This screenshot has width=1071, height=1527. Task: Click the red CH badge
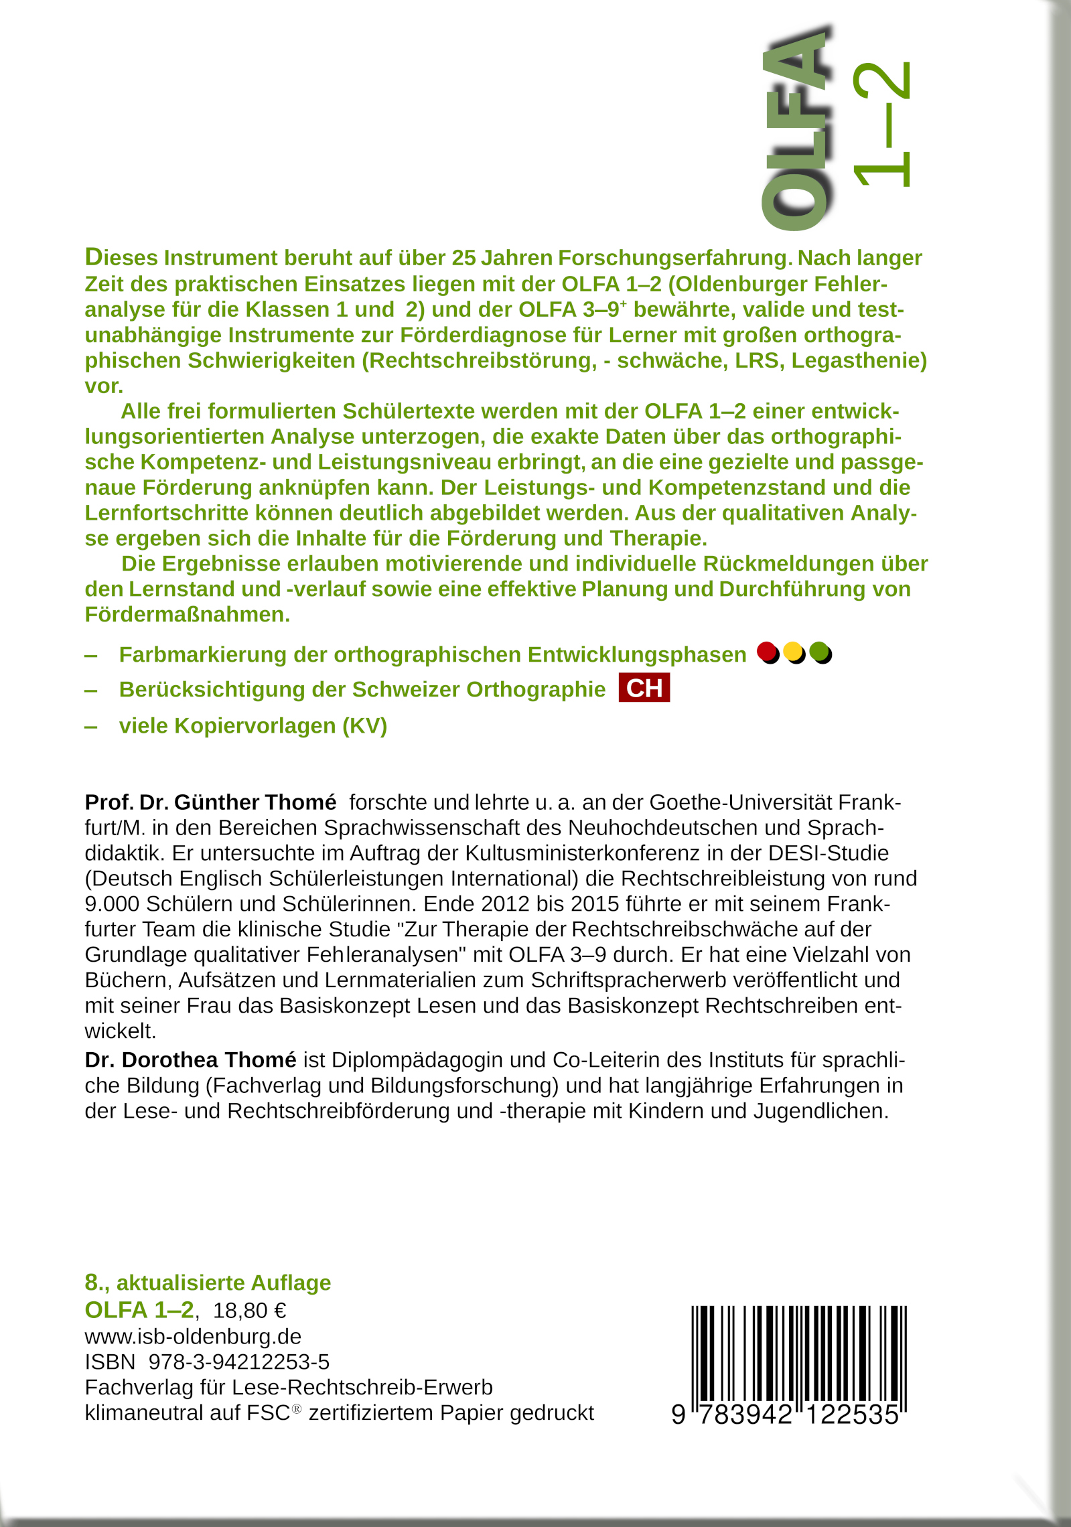pos(644,688)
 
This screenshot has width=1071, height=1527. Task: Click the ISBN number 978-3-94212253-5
pos(239,1362)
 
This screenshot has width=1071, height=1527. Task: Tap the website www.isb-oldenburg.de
pos(193,1336)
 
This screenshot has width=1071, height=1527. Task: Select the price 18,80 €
pos(250,1310)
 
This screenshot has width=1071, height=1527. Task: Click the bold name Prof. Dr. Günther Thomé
pos(210,802)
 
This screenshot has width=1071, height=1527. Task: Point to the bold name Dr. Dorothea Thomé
pos(190,1060)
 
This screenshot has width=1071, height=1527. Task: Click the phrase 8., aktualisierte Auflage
pos(208,1282)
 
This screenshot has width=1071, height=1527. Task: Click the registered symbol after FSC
pos(297,1408)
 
